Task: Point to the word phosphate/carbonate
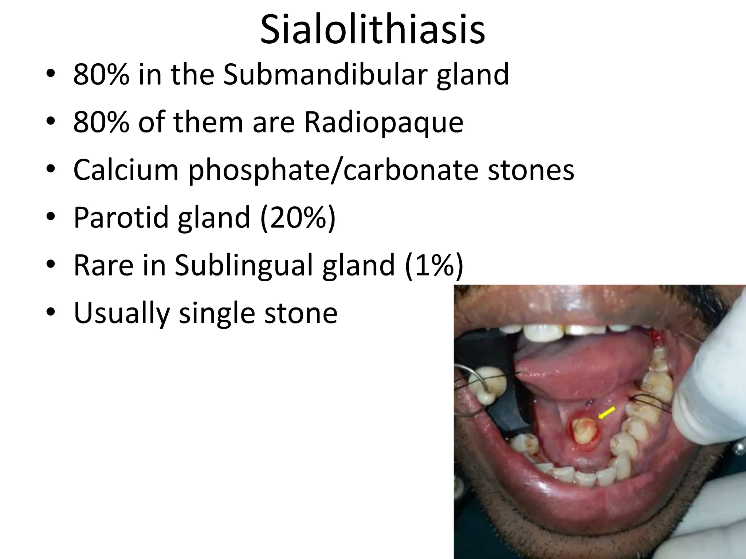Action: pyautogui.click(x=333, y=170)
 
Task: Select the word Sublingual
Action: pyautogui.click(x=243, y=265)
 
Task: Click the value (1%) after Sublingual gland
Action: pyautogui.click(x=433, y=265)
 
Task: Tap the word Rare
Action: pyautogui.click(x=103, y=265)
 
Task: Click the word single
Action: pyautogui.click(x=217, y=313)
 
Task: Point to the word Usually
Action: pyautogui.click(x=121, y=313)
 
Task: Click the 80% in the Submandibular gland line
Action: pyautogui.click(x=101, y=74)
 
